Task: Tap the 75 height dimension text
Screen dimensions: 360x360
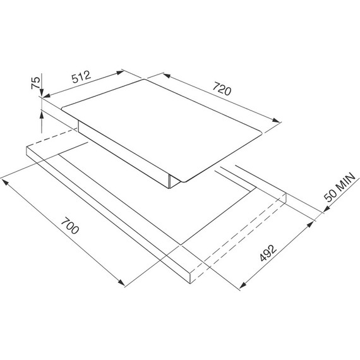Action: (36, 83)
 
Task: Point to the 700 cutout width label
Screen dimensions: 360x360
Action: (70, 227)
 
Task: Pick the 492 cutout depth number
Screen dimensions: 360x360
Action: (268, 253)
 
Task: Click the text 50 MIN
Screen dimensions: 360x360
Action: (340, 187)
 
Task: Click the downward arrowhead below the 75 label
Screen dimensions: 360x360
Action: (42, 92)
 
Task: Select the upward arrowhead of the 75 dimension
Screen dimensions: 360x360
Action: (42, 114)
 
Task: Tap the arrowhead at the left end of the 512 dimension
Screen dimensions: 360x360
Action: (47, 95)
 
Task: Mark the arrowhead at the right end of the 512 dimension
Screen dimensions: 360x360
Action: (120, 73)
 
